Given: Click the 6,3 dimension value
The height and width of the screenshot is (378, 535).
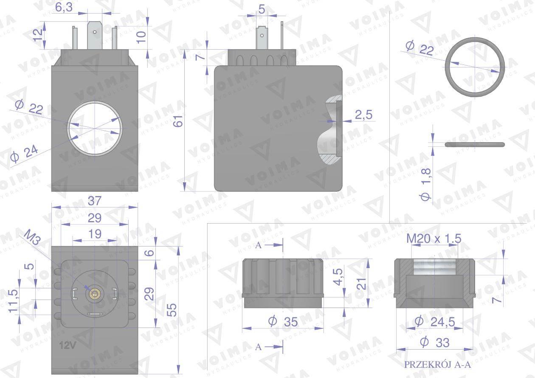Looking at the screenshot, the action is pos(64,7).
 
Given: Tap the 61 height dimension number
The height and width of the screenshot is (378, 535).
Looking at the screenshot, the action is pos(178,121).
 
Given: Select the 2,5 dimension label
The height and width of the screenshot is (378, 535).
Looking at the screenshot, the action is pos(363,115).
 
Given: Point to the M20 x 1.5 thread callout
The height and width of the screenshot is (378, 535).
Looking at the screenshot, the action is pos(434,238).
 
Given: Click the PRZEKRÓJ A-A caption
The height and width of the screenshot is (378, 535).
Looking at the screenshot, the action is pos(437,364).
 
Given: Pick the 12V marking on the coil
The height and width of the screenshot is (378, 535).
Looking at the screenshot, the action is pos(68,345).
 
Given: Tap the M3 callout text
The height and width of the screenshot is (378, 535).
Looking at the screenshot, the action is pos(33,237).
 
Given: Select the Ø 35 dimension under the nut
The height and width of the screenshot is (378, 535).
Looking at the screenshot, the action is pos(283,322).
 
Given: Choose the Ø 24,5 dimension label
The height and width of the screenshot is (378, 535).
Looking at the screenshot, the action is pos(434,322).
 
